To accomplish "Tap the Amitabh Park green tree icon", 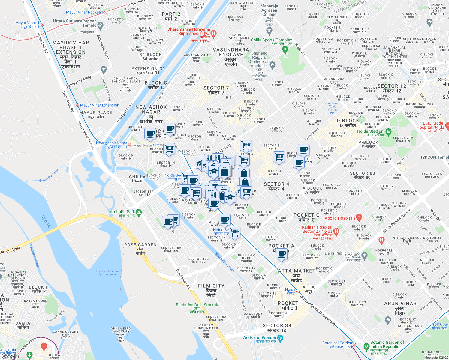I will (139, 213).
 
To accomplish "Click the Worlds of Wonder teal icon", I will (280, 339).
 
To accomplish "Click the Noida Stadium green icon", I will (389, 131).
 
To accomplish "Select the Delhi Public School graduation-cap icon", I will (365, 256).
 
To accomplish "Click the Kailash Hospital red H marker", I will (336, 231).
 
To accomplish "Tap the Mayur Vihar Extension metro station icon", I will (78, 105).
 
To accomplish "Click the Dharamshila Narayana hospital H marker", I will (213, 34).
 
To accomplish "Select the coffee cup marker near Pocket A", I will (282, 254).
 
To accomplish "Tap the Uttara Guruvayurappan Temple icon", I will (100, 25).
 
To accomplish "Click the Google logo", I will (11, 356).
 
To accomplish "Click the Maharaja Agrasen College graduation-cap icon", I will (269, 30).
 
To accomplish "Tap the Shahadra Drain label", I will (224, 262).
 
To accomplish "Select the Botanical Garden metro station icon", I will (354, 345).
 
